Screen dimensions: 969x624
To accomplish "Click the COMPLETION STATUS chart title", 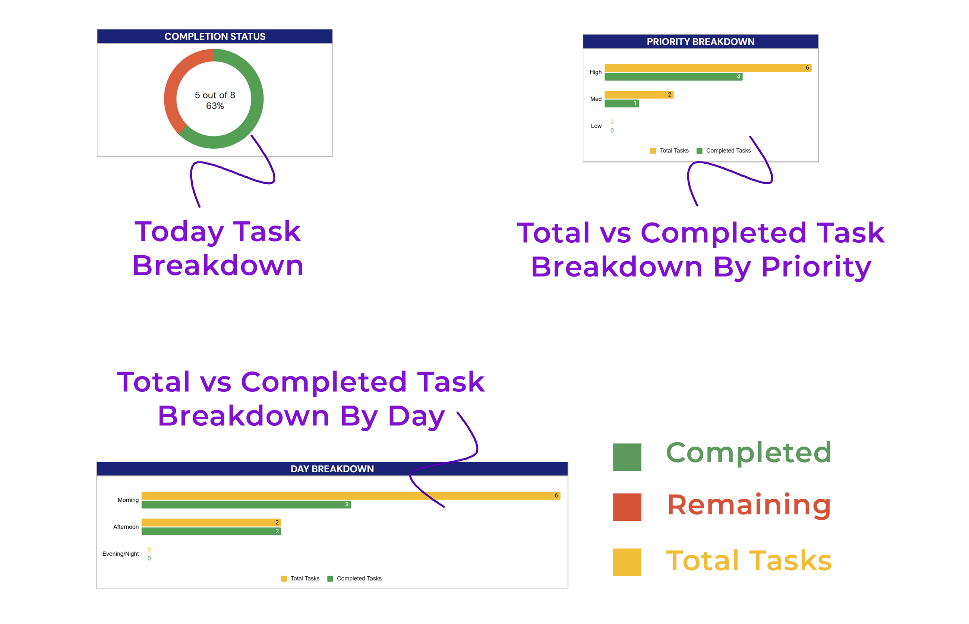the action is pos(215,37).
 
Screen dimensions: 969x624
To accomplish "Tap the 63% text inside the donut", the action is pos(215,106).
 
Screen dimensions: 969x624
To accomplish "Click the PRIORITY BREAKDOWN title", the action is pos(700,42).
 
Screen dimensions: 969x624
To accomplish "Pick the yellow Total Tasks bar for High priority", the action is pos(708,68).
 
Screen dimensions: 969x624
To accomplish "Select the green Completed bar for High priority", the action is pos(673,76).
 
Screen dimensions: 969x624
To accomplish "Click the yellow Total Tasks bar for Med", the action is pos(639,94).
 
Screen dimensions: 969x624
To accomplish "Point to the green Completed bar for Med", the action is pos(621,103).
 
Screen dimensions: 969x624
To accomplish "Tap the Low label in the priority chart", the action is pos(596,126).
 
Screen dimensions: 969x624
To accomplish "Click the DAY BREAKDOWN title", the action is pos(332,469).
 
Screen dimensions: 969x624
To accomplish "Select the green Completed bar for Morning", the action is pos(246,504).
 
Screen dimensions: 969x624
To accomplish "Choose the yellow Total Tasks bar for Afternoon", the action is pos(211,522).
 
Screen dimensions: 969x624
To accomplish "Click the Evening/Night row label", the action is pos(120,554).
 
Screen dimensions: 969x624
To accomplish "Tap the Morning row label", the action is pos(128,500).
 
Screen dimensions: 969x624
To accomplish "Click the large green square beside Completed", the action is pos(627,457).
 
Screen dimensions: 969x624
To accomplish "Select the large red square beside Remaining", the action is pos(627,507).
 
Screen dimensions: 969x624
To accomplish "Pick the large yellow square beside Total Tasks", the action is pos(627,562).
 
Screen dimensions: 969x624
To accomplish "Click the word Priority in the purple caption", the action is pos(816,268).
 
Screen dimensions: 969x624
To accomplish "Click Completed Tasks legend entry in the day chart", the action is pos(354,579).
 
